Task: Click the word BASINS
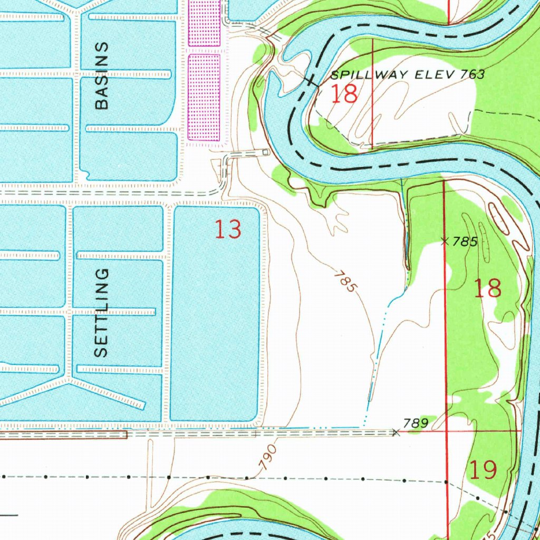(x=101, y=75)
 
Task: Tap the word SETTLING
(x=101, y=313)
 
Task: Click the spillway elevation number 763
(x=472, y=74)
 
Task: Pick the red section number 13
(x=228, y=230)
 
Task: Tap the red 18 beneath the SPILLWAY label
(x=344, y=94)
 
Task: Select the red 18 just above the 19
(x=487, y=289)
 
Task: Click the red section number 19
(x=483, y=469)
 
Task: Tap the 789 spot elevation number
(x=414, y=423)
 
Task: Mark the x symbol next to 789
(x=397, y=432)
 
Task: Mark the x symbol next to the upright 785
(x=445, y=242)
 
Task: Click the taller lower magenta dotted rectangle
(x=204, y=98)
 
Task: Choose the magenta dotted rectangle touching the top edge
(x=204, y=23)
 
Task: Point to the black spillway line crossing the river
(x=311, y=80)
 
